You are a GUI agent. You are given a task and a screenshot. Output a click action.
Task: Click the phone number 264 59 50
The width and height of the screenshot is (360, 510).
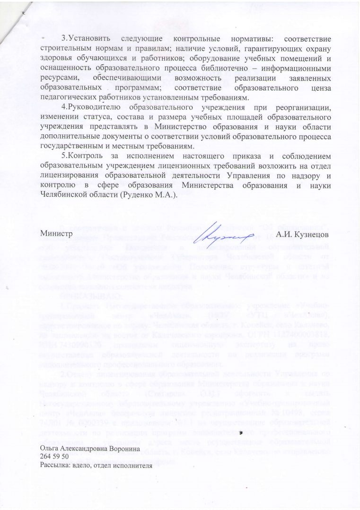pos(55,456)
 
